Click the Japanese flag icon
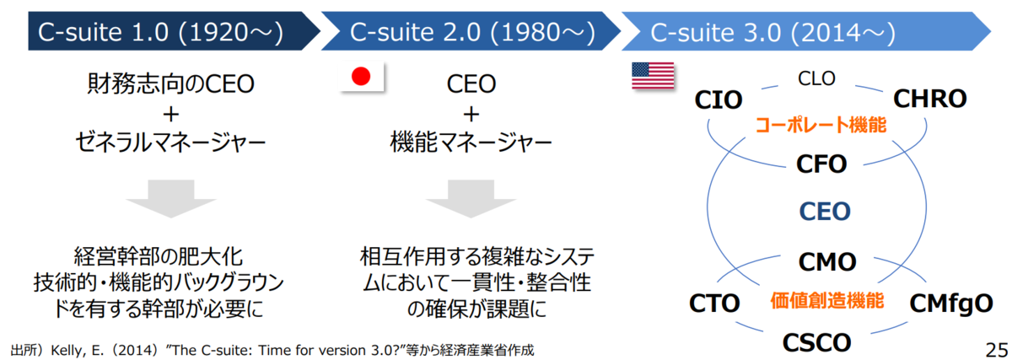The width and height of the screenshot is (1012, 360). [x=362, y=77]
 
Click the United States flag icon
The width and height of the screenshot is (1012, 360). [x=653, y=76]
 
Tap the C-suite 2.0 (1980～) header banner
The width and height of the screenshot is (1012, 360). [x=471, y=31]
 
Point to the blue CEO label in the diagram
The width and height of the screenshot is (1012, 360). [x=825, y=212]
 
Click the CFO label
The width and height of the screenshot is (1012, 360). [x=821, y=164]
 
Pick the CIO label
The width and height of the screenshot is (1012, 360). [x=719, y=99]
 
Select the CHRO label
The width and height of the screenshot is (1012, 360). [x=929, y=99]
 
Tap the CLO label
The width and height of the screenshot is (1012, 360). [x=816, y=78]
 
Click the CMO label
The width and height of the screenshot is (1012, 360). [x=827, y=262]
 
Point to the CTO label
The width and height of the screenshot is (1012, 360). [x=714, y=303]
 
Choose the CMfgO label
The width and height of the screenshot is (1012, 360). [x=951, y=304]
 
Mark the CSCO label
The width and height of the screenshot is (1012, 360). [x=817, y=343]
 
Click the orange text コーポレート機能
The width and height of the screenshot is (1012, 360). [x=821, y=125]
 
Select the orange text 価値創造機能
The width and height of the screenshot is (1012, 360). [x=827, y=300]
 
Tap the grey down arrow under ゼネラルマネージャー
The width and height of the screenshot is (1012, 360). [x=171, y=199]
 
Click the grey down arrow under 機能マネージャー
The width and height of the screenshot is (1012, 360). [x=471, y=199]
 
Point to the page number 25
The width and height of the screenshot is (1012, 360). [x=996, y=350]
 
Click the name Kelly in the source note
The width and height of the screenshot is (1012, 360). [x=66, y=350]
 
